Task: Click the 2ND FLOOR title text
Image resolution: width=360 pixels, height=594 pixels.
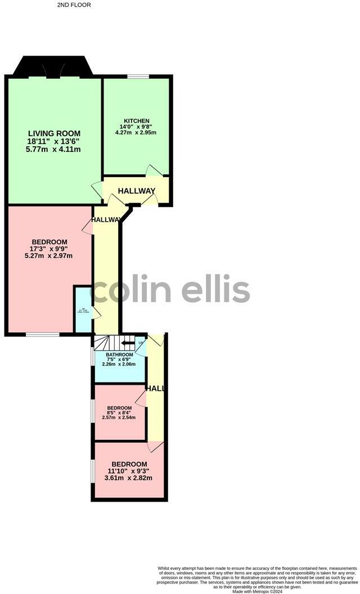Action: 74,5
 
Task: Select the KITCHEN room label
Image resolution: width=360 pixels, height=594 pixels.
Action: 137,121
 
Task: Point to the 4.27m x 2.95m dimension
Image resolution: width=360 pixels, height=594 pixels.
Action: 137,133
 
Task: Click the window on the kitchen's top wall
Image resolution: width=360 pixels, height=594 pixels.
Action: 138,76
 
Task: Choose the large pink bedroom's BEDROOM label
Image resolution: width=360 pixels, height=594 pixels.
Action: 49,242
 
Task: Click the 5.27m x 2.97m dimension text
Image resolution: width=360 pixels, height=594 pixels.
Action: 49,255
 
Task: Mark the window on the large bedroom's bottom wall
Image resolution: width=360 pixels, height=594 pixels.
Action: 43,335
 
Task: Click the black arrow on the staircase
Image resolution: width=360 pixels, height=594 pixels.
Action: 128,342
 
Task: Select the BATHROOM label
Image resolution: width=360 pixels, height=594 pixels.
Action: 119,355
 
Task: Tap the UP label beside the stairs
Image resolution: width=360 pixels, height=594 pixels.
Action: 141,343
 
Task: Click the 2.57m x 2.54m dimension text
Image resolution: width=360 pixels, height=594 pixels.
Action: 119,417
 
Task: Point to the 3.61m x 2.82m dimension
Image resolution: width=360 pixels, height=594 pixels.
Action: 129,478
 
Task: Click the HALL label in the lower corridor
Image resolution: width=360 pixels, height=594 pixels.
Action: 155,389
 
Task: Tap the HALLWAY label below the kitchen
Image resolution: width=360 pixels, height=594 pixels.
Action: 136,191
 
